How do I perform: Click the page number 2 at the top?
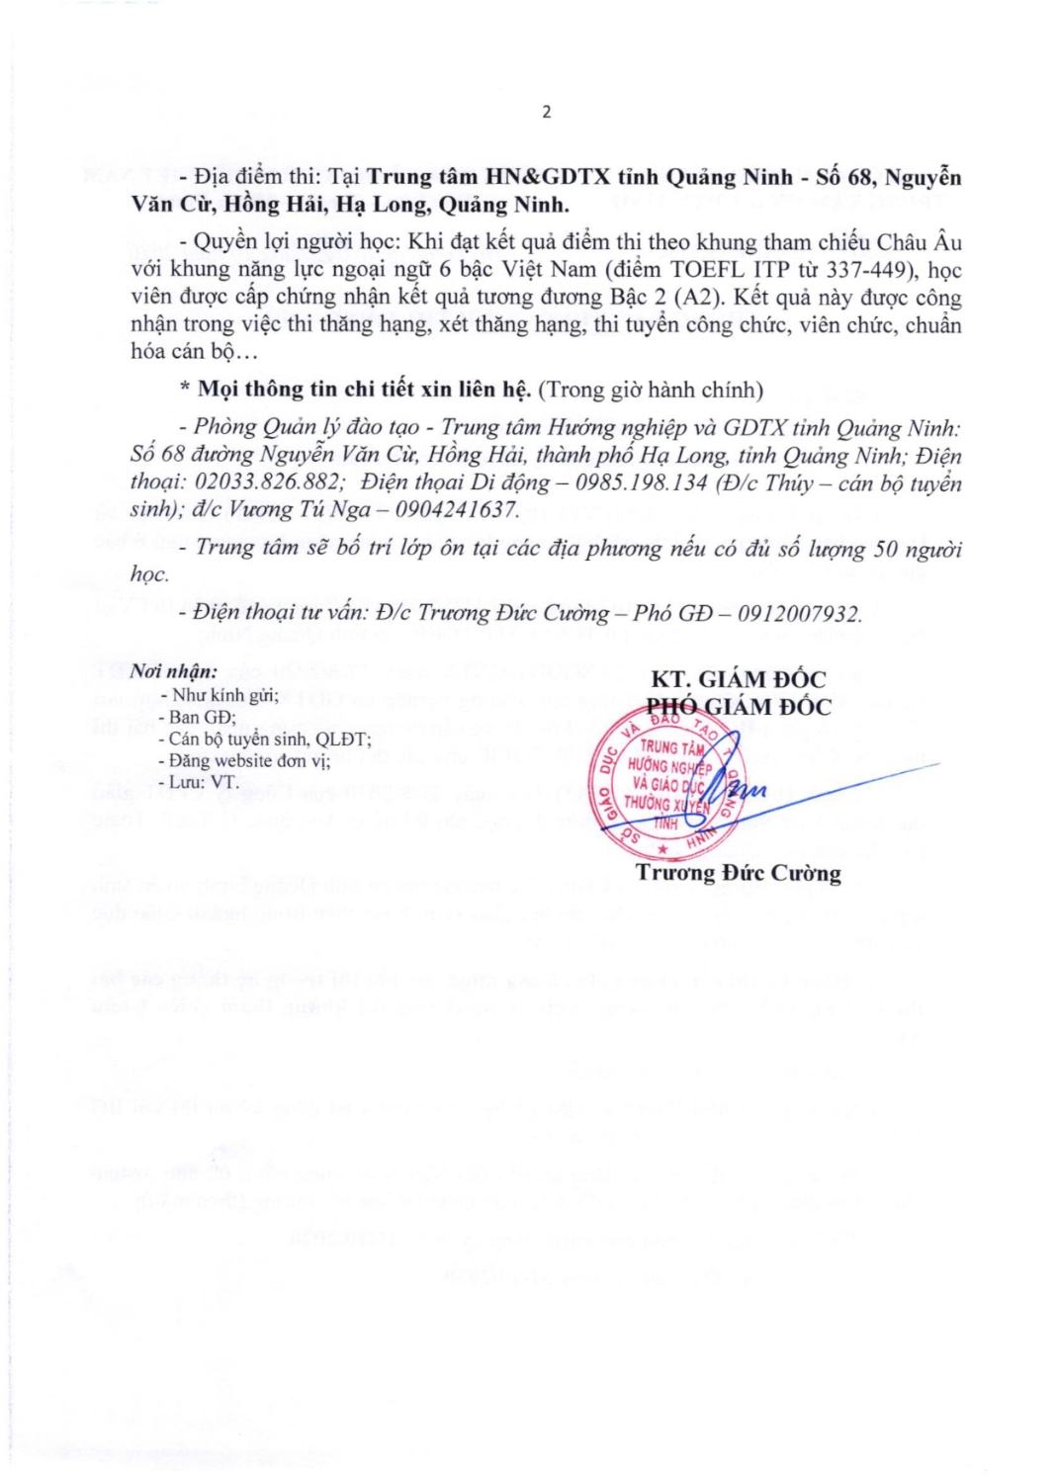pyautogui.click(x=547, y=112)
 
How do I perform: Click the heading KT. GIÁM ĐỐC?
pyautogui.click(x=738, y=679)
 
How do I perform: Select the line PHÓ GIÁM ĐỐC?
pyautogui.click(x=738, y=707)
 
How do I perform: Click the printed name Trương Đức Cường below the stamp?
pyautogui.click(x=738, y=873)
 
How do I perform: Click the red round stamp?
pyautogui.click(x=667, y=782)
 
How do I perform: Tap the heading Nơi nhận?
pyautogui.click(x=174, y=672)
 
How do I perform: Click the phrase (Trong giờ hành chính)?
pyautogui.click(x=651, y=390)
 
